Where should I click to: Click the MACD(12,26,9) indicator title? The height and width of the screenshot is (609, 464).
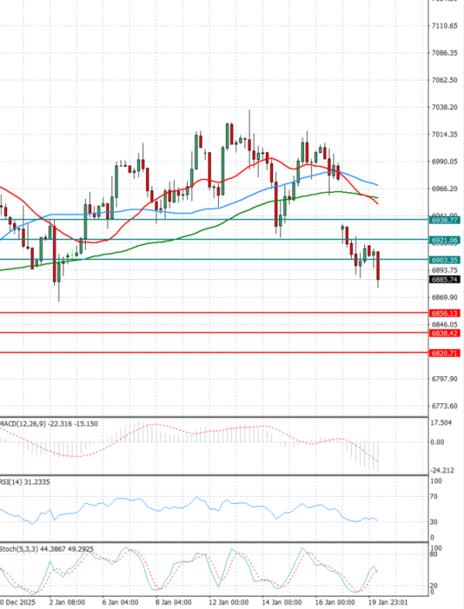point(23,423)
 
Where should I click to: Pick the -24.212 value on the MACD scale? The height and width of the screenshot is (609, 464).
point(442,470)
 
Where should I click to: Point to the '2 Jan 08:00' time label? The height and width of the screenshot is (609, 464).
point(67,600)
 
